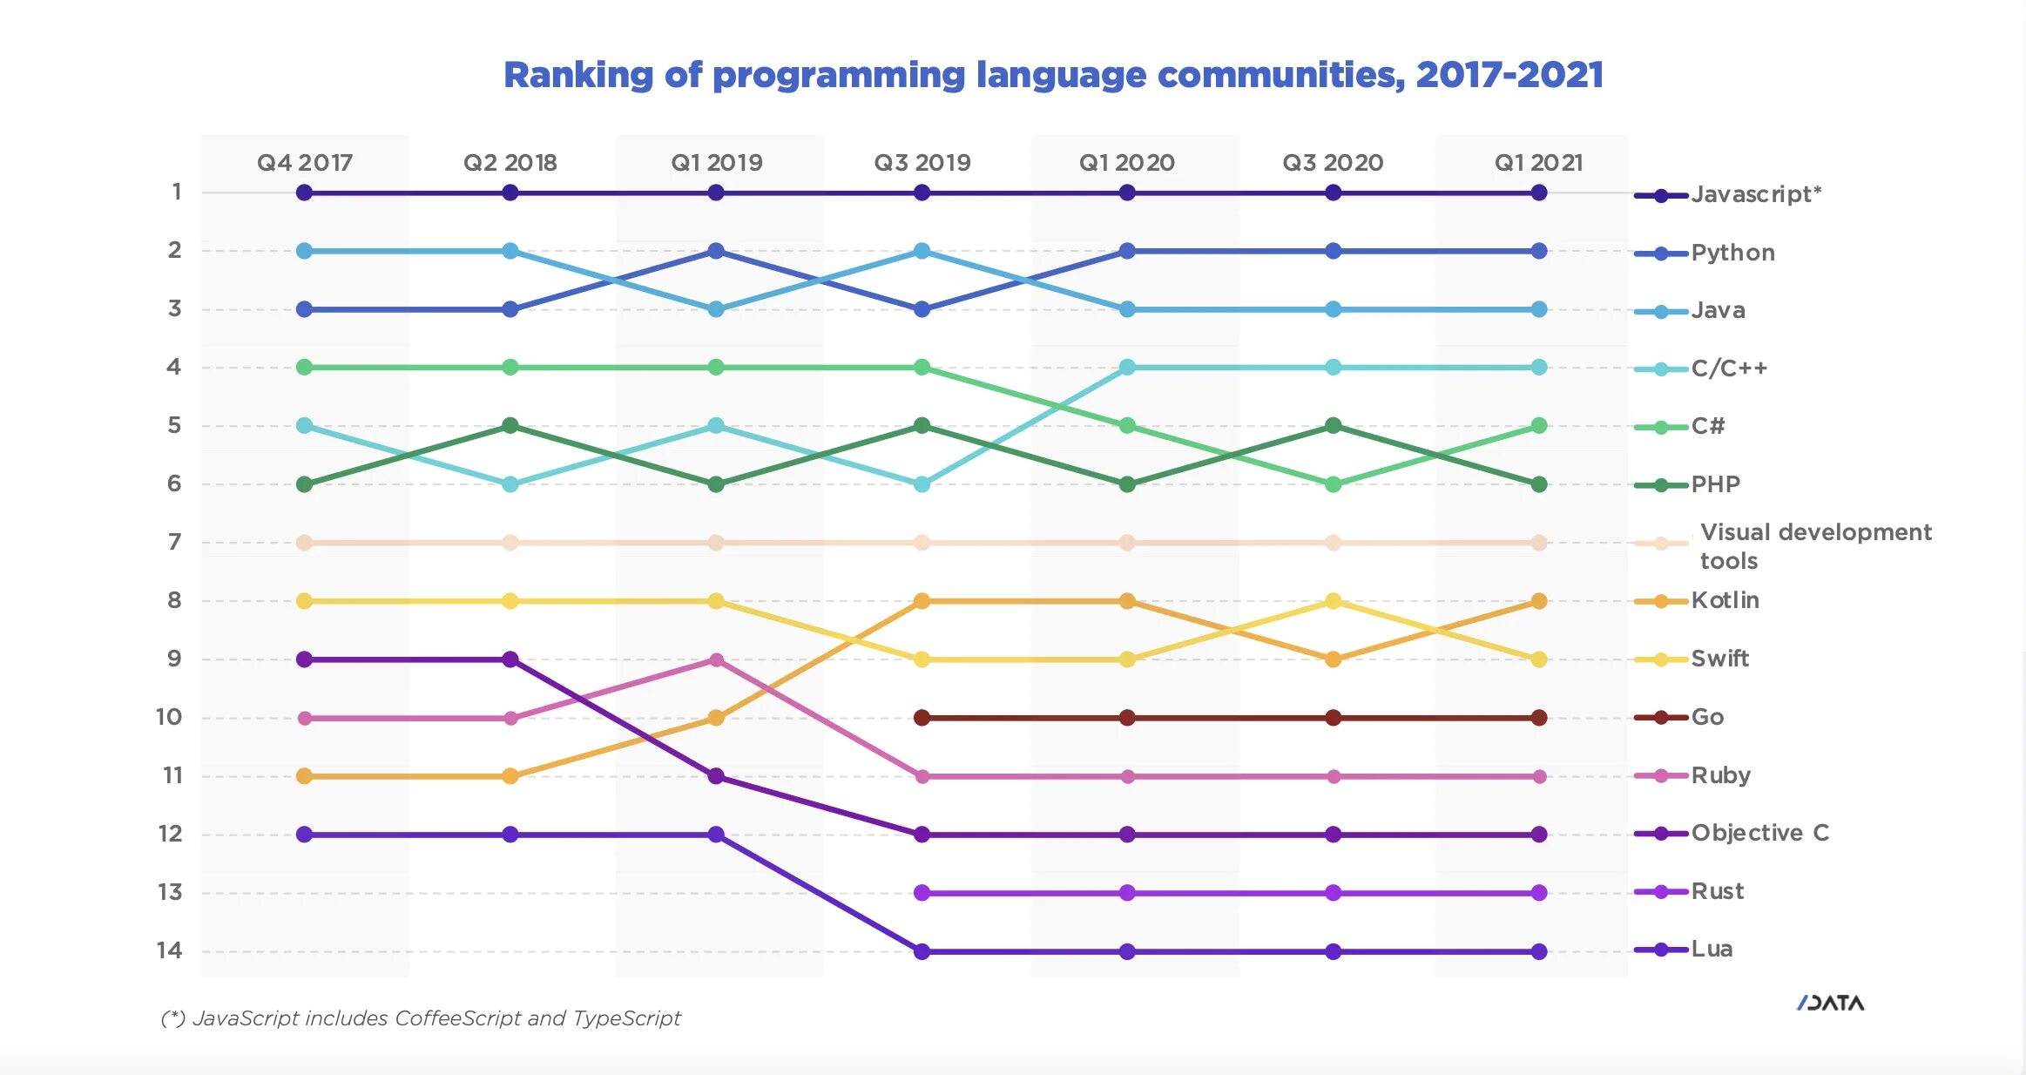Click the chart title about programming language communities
pos(1053,75)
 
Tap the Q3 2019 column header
pos(922,163)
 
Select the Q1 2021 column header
pos(1538,163)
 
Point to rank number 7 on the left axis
pos(174,542)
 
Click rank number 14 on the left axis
pos(170,950)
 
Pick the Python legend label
pos(1732,253)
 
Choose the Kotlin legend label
pos(1725,600)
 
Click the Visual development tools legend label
pos(1815,546)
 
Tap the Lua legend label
pos(1712,949)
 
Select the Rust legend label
pos(1717,891)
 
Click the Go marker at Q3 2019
pos(922,718)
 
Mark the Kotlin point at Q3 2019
pos(922,601)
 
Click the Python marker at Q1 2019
pos(716,251)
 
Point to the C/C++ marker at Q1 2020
pos(1127,368)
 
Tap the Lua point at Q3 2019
pos(922,951)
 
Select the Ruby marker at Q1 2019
pos(716,659)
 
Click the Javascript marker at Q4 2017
pos(304,193)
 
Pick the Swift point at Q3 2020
pos(1333,601)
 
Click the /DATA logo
pos(1830,1004)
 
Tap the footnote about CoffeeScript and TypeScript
pos(421,1018)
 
